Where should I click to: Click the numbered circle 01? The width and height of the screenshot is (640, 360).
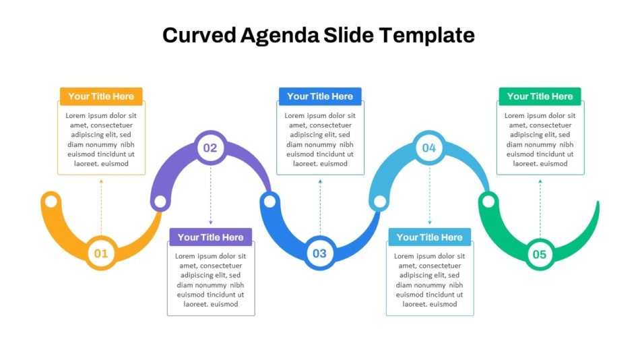point(101,253)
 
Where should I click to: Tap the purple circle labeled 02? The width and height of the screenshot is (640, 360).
point(210,148)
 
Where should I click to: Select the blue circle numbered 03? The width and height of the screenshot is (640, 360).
point(319,253)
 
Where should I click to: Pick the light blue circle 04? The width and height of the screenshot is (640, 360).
point(429,148)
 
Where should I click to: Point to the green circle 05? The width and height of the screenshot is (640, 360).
point(540,254)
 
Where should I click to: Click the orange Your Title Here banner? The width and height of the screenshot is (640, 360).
point(101,96)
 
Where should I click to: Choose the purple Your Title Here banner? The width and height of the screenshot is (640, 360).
point(211,237)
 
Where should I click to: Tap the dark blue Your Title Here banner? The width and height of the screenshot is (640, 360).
point(320,96)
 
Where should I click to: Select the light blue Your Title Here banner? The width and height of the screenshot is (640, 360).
point(429,237)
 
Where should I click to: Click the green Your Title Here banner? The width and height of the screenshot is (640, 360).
point(540,96)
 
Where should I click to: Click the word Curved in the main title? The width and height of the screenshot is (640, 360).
point(199,35)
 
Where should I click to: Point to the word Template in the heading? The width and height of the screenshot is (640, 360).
point(427,36)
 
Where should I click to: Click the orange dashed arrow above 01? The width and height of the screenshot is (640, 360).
point(101,208)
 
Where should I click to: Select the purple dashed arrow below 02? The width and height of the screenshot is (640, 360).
point(211,196)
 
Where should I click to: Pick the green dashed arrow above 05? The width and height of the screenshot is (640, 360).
point(540,208)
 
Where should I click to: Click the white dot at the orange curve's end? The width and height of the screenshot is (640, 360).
point(51,202)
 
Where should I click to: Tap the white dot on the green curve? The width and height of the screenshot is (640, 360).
point(488,201)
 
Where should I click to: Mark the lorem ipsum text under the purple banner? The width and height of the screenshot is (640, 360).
point(211,280)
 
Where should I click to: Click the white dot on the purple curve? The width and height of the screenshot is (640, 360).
point(160,201)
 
